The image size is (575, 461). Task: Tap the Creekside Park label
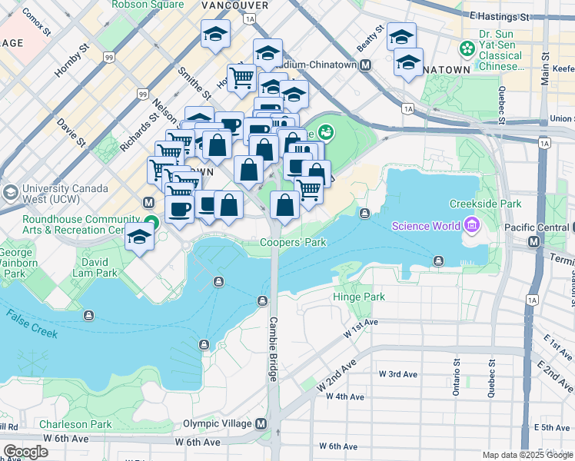coord(486,204)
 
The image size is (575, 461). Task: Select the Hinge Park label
coord(358,297)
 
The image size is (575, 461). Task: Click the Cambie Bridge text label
coord(272,349)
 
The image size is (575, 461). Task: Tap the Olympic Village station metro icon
coord(261,424)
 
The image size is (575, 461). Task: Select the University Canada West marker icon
coord(11,191)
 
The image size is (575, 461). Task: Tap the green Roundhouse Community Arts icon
coord(152,223)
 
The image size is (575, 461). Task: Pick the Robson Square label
coord(147,5)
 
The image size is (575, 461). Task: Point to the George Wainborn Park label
coord(15,263)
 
